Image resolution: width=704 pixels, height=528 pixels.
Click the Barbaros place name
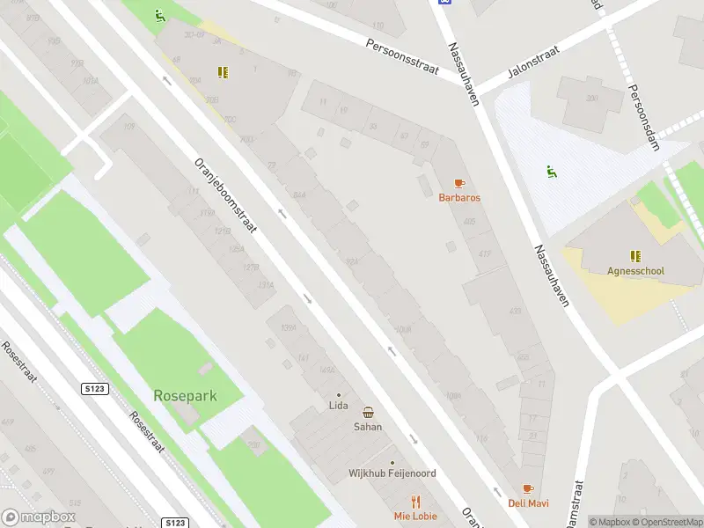tap(459, 197)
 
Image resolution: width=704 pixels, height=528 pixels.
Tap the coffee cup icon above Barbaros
tap(459, 183)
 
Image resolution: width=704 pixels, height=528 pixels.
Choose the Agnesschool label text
tap(635, 271)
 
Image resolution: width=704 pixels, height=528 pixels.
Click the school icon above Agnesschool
tap(635, 256)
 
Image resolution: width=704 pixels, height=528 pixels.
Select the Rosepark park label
tap(185, 396)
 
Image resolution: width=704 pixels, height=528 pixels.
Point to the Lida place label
tap(338, 406)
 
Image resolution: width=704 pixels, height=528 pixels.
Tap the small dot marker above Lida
tap(338, 394)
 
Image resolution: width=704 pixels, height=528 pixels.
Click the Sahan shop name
tap(368, 426)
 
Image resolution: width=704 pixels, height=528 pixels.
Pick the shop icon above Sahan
tap(368, 412)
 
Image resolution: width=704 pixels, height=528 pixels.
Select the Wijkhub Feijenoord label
tap(392, 473)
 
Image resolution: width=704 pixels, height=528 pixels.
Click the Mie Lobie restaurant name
tap(415, 516)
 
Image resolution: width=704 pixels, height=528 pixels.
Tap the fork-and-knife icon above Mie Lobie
tap(415, 502)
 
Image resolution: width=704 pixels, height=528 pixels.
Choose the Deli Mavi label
tap(528, 503)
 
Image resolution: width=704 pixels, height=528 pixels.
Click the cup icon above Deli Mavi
tap(528, 488)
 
